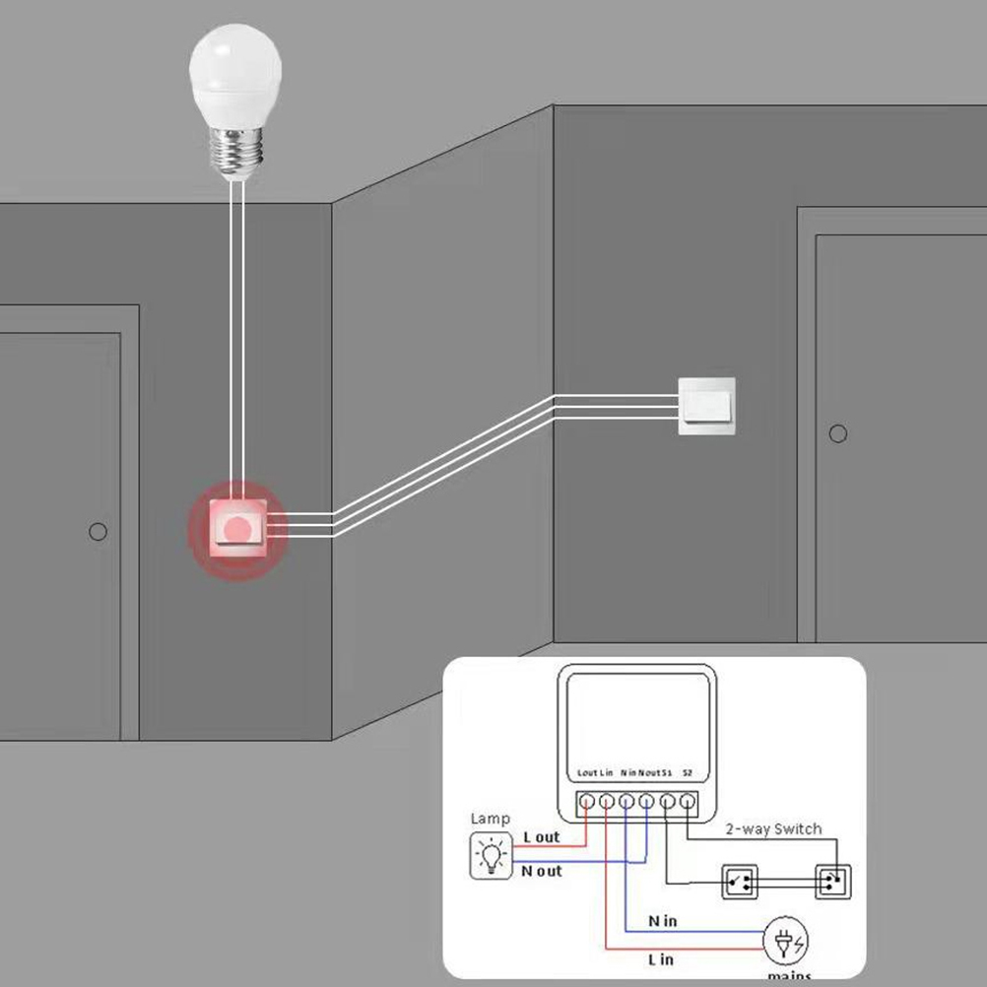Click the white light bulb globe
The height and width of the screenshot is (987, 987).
pos(235,69)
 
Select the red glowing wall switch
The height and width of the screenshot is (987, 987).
pos(236,528)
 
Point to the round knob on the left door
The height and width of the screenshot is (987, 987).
pos(98,532)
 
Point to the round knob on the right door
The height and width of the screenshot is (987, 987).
pos(838,433)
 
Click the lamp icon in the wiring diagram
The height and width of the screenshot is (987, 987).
pos(491,855)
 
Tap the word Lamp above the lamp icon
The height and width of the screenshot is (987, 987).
pos(491,819)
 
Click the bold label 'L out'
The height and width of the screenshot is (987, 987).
pos(541,837)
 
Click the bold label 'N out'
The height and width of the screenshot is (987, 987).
pos(542,871)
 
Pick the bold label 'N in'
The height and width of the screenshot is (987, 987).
pos(662,921)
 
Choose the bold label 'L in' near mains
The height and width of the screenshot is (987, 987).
pos(661,958)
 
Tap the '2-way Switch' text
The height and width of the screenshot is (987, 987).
pos(773,828)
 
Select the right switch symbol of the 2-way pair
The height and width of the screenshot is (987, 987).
pos(831,882)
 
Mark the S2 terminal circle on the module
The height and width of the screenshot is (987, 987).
pos(687,802)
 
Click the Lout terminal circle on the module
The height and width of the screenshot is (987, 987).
pos(587,802)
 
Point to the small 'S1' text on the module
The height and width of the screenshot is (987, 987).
pos(666,773)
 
